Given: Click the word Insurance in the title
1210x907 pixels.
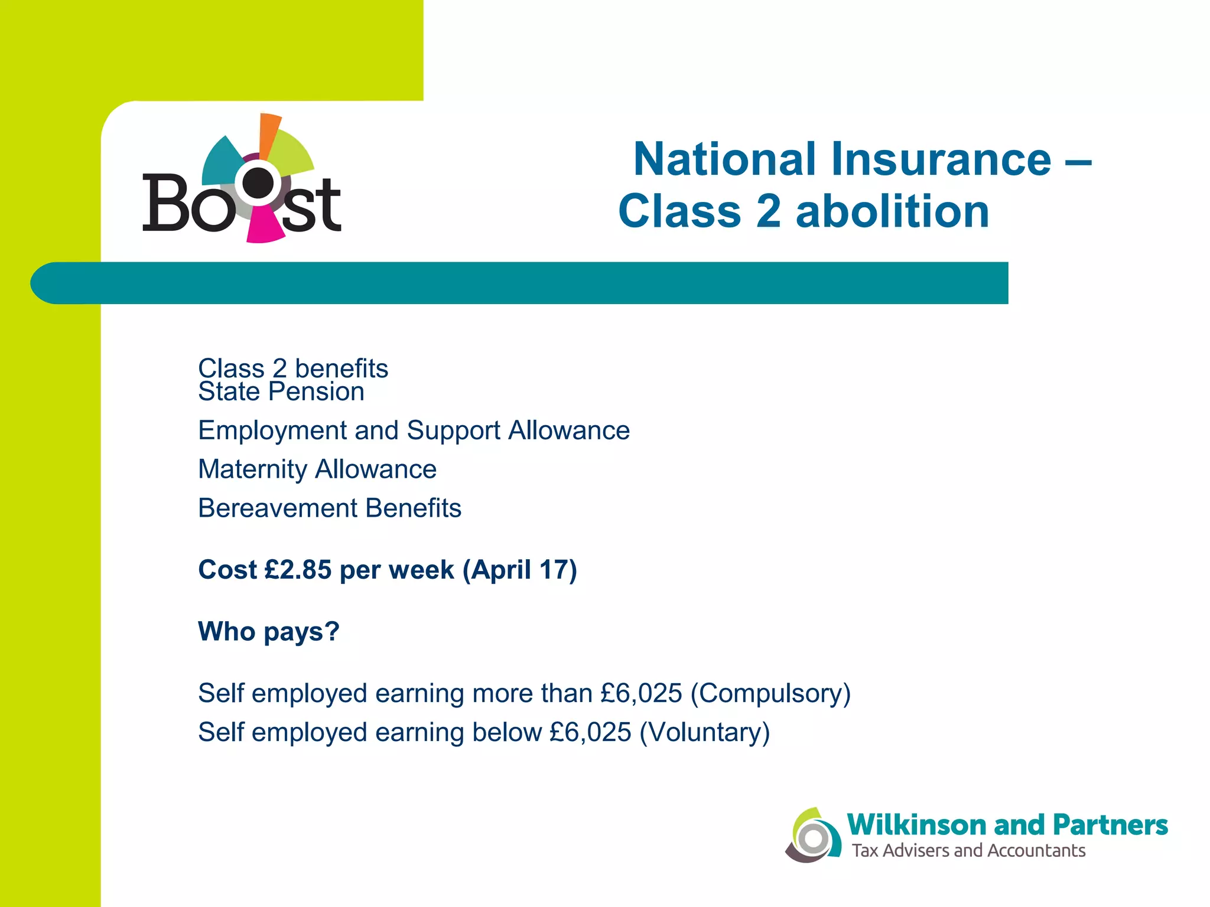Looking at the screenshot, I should click(x=941, y=159).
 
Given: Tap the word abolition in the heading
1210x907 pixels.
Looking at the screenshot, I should click(x=892, y=211).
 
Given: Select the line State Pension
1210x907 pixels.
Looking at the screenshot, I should click(x=281, y=392).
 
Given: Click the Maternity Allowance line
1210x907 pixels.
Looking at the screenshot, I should click(x=317, y=469).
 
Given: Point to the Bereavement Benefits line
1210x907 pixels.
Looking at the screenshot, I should click(x=330, y=508).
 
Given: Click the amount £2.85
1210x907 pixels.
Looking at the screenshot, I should click(x=298, y=570).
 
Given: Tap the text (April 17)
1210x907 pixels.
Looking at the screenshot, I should click(x=519, y=570).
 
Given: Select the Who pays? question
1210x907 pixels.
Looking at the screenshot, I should click(x=269, y=632).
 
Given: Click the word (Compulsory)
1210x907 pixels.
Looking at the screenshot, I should click(x=770, y=694).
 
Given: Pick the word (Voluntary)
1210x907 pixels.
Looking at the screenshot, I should click(x=704, y=733).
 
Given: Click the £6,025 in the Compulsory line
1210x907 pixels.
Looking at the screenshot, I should click(x=641, y=694).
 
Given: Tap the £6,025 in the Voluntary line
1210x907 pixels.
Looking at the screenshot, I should click(x=590, y=733).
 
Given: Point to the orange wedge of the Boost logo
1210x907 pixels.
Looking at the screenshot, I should click(x=269, y=133).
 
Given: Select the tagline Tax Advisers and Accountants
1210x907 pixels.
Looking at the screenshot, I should click(x=968, y=851).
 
